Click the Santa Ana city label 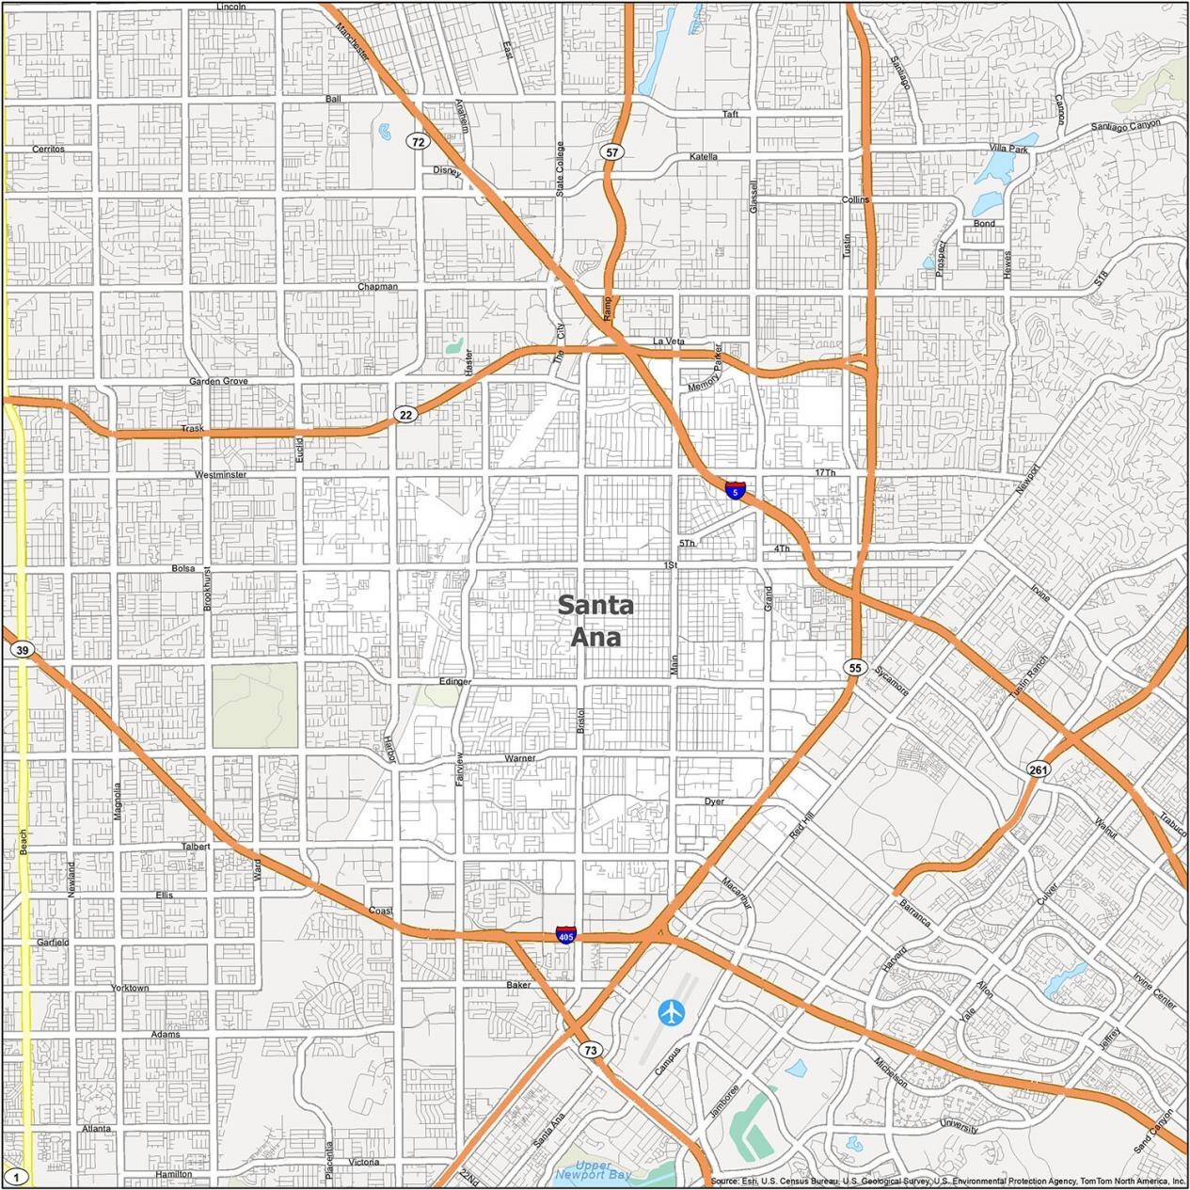tap(595, 621)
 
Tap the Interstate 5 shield tap(735, 490)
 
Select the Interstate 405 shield tap(565, 935)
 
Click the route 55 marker tap(853, 667)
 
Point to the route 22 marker tap(405, 415)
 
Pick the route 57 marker tap(612, 151)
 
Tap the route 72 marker tap(418, 142)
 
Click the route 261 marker tap(1038, 770)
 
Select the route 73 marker tap(590, 1050)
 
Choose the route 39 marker tap(23, 650)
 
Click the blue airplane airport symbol tap(672, 1013)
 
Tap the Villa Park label tap(1008, 149)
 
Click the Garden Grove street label tap(218, 381)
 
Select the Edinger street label tap(454, 681)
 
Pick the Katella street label tap(703, 156)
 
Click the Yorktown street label tap(130, 988)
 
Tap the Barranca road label tap(914, 912)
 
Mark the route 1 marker tap(16, 1177)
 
